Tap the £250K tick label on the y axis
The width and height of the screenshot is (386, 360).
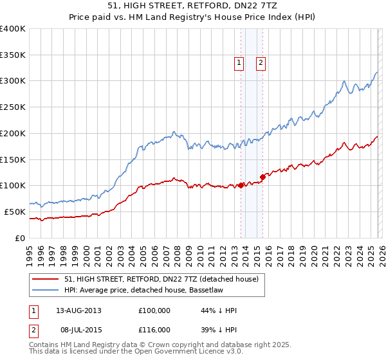click(13, 107)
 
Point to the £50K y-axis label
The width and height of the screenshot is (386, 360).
click(15, 212)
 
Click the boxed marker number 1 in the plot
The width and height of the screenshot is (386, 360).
click(239, 62)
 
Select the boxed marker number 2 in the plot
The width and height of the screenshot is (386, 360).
click(261, 62)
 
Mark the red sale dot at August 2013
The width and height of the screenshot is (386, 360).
click(241, 185)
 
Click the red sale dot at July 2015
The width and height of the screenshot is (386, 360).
click(262, 177)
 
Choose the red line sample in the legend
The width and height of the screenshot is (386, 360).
click(46, 279)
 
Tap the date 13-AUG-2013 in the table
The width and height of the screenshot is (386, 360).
click(79, 310)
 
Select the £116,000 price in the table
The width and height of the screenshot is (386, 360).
click(154, 329)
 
